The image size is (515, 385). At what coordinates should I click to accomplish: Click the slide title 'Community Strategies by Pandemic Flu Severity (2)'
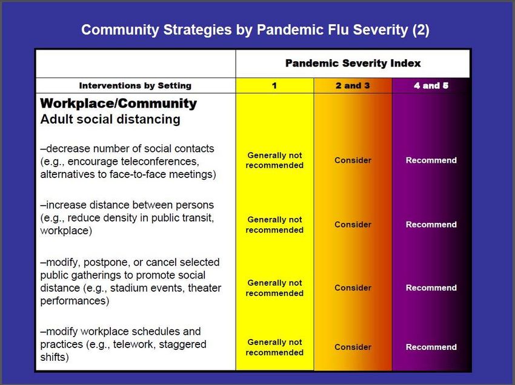click(x=255, y=30)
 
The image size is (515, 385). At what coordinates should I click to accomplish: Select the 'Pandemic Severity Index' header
click(x=353, y=63)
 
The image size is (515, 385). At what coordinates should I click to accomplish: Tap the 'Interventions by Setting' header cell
click(x=135, y=86)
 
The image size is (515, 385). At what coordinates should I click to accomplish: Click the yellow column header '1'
click(x=274, y=86)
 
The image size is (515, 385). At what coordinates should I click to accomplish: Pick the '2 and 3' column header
click(x=353, y=86)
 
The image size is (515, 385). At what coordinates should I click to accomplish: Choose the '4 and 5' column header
click(x=431, y=86)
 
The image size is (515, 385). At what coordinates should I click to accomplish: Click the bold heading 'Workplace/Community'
click(x=119, y=104)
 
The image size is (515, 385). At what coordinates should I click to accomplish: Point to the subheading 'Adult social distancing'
click(x=110, y=119)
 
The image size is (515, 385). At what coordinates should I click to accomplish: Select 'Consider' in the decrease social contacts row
click(x=353, y=160)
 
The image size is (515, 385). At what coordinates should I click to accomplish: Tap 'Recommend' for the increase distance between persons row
click(x=431, y=225)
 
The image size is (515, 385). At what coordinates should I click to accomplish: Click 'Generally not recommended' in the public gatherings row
click(x=274, y=288)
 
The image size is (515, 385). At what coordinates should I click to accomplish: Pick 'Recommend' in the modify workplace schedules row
click(x=431, y=347)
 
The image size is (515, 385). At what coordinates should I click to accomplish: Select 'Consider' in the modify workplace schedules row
click(x=353, y=347)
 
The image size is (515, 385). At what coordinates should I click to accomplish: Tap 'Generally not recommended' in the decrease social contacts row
click(x=274, y=160)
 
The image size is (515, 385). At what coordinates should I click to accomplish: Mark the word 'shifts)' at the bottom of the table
click(x=55, y=357)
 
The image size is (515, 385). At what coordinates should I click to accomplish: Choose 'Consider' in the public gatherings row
click(x=353, y=288)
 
